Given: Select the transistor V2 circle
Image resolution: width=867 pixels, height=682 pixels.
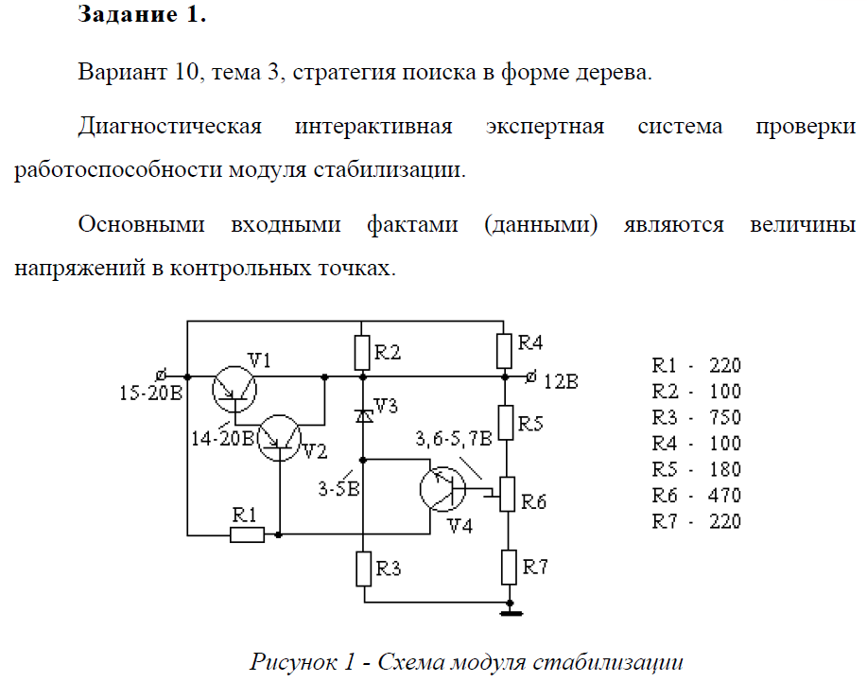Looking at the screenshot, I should click(x=281, y=438).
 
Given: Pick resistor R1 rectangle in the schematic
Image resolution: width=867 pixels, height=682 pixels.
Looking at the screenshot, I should click(x=248, y=534).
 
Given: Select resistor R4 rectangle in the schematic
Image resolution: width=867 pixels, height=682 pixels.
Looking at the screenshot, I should click(x=507, y=351).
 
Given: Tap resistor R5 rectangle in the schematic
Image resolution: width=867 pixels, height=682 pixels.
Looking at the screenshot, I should click(x=507, y=422).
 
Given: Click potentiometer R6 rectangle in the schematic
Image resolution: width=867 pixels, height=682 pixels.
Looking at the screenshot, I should click(x=507, y=493).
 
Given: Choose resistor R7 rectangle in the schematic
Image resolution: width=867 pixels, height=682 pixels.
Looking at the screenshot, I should click(x=508, y=567).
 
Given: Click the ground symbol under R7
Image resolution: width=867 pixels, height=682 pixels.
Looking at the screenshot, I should click(x=510, y=612).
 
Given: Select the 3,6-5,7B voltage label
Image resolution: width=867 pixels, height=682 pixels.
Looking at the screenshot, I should click(x=453, y=439).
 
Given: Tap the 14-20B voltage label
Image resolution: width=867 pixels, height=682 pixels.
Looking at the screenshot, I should click(x=223, y=437).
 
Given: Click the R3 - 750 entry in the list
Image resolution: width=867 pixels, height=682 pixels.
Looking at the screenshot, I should click(x=697, y=417).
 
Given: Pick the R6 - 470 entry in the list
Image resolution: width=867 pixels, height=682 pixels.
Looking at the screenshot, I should click(x=697, y=495).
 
